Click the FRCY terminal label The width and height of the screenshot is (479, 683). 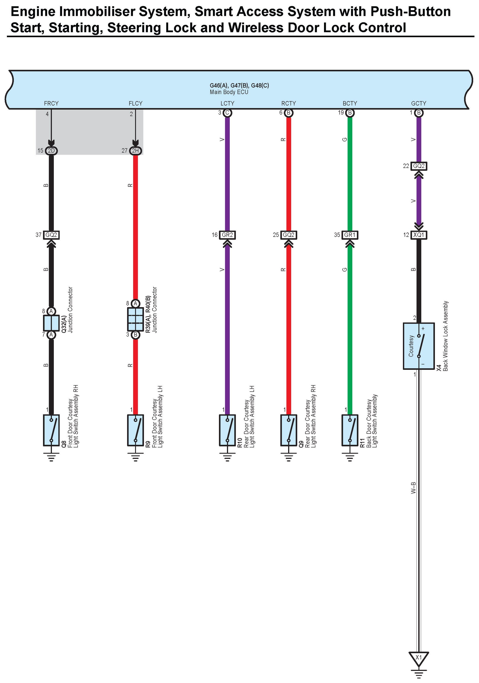(51, 103)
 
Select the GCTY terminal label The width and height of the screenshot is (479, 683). (418, 103)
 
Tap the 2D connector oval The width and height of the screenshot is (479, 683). (51, 151)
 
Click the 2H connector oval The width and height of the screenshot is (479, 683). (135, 151)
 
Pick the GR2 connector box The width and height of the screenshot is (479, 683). (227, 235)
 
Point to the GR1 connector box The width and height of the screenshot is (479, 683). (350, 235)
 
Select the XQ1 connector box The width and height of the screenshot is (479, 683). (419, 235)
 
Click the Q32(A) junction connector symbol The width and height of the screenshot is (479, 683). (51, 323)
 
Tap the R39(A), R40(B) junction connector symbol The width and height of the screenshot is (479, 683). (135, 319)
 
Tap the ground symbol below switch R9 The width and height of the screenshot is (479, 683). (135, 457)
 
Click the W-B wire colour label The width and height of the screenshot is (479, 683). (413, 488)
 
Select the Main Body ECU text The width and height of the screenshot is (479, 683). (229, 92)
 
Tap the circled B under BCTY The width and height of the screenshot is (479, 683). (350, 113)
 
